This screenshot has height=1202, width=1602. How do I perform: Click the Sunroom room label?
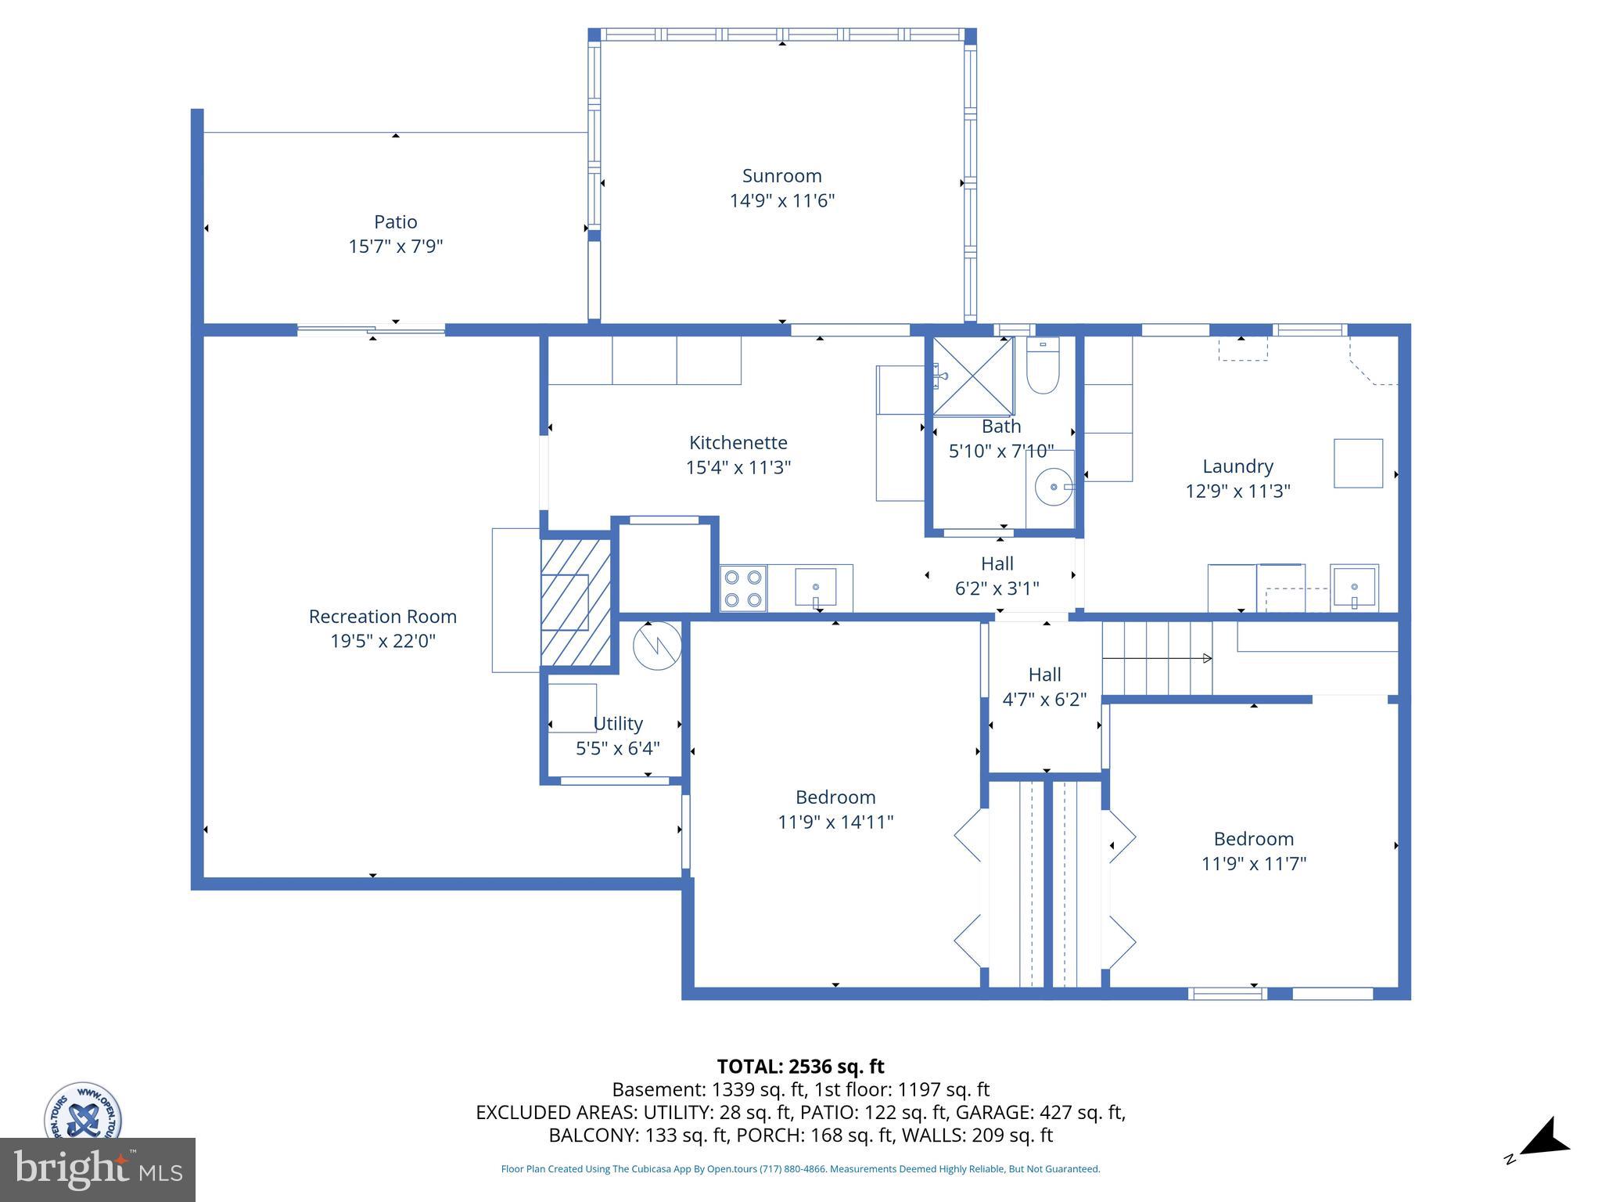(x=781, y=176)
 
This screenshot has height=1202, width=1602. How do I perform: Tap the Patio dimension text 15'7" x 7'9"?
(x=395, y=247)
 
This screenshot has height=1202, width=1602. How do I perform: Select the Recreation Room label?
(x=383, y=617)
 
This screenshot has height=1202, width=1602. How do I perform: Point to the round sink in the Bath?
(x=1053, y=487)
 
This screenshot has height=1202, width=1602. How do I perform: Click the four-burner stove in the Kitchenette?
(x=743, y=588)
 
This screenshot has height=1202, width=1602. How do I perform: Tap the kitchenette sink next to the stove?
(x=815, y=587)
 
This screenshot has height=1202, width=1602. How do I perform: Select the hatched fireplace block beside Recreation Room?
(x=576, y=602)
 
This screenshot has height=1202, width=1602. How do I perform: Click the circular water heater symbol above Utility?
(x=657, y=646)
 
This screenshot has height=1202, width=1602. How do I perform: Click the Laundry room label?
(x=1237, y=466)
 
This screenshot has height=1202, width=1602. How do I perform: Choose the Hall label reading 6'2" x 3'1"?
(x=997, y=588)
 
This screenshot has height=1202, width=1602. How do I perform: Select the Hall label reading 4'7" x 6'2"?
(x=1044, y=699)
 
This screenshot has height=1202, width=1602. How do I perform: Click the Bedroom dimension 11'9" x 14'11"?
(x=835, y=822)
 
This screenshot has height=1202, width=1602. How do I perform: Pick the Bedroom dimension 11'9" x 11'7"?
(x=1253, y=863)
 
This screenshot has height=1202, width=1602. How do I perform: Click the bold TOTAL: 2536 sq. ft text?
(x=800, y=1067)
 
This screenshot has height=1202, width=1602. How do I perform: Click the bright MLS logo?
(x=98, y=1169)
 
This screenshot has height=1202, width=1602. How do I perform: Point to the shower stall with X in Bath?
(x=973, y=376)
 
